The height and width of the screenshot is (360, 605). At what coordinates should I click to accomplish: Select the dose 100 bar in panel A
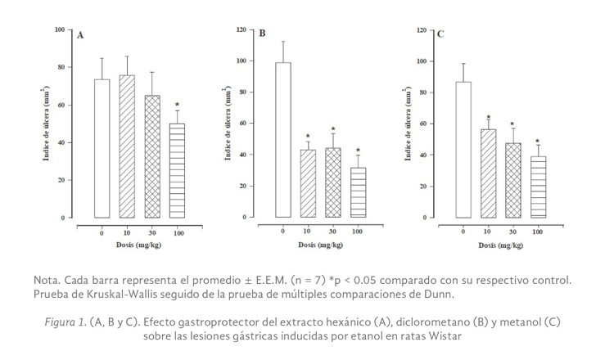click(177, 171)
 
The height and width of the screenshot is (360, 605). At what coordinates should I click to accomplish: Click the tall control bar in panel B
click(282, 140)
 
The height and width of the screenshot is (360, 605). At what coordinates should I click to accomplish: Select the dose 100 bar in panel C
click(538, 187)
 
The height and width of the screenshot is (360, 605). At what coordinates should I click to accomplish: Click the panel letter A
click(80, 36)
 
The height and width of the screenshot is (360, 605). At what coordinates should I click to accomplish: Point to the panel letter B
click(262, 34)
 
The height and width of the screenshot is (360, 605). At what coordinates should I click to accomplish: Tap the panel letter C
click(440, 34)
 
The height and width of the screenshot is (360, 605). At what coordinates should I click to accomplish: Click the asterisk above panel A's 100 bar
click(177, 105)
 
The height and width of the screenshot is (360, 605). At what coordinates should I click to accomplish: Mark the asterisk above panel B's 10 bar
click(308, 137)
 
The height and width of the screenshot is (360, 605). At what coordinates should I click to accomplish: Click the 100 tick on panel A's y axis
click(59, 29)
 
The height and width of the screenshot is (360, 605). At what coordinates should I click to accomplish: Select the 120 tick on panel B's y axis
click(241, 29)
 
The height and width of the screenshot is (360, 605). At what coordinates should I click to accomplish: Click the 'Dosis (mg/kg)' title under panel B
click(320, 245)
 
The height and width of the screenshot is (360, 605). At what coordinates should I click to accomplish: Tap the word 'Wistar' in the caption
click(442, 335)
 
